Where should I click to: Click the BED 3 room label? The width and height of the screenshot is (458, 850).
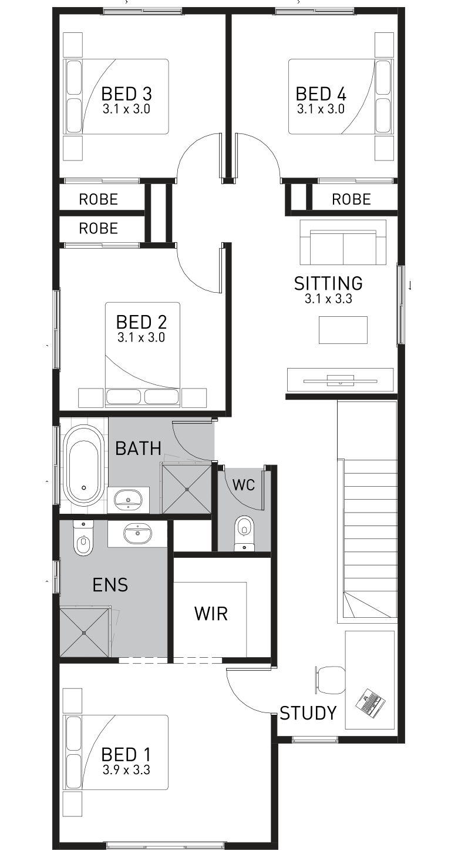[127, 93]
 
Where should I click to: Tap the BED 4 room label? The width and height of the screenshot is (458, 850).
[321, 93]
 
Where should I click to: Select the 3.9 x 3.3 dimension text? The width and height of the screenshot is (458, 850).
[126, 769]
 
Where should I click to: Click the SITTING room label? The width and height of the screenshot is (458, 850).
[328, 283]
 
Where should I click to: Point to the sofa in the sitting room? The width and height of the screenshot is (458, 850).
[343, 243]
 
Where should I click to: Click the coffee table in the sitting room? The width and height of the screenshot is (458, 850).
[343, 330]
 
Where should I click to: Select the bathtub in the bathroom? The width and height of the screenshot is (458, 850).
[83, 466]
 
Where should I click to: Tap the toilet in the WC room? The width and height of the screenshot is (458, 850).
[243, 531]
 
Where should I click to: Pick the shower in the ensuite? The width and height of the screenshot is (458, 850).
[85, 633]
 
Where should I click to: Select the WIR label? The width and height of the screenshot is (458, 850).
[211, 614]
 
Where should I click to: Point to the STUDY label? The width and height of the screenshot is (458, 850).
[308, 713]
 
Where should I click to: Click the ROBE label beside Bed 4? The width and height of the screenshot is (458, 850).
[351, 200]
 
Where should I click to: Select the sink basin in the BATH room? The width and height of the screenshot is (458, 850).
[129, 500]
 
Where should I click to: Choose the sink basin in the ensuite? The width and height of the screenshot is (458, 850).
[137, 534]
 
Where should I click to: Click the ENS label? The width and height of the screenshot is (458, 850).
[110, 585]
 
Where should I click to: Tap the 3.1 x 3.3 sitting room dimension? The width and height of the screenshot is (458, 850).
[328, 299]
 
